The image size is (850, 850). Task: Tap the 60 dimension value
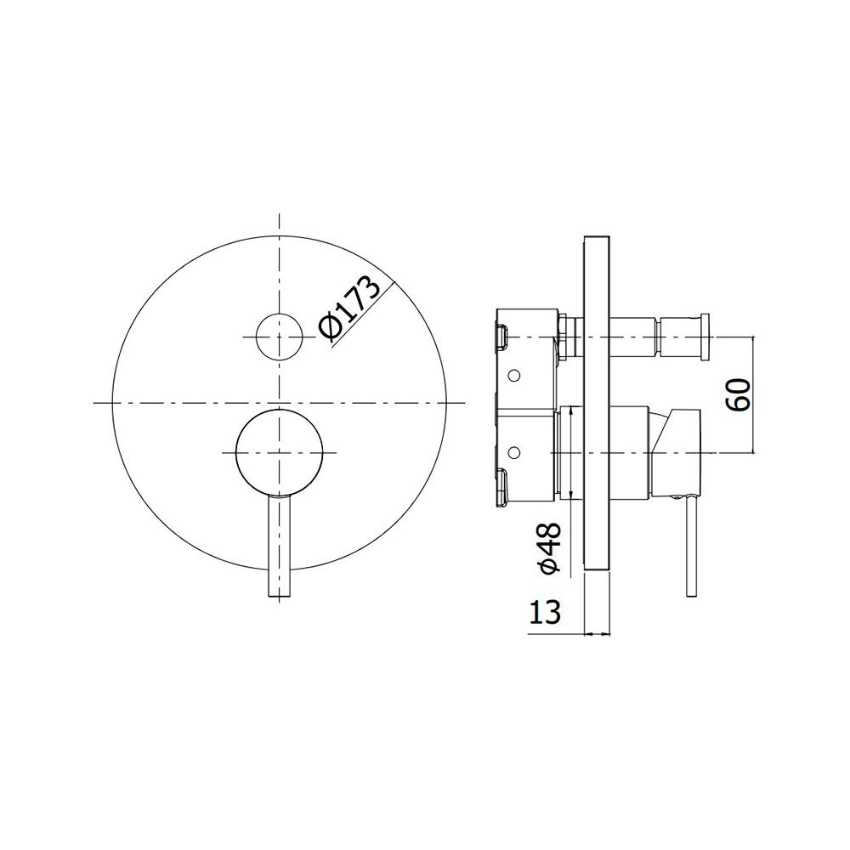(739, 395)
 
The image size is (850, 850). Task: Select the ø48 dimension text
(547, 547)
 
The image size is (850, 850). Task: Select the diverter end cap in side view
(705, 336)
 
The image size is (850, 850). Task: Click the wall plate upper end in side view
(597, 237)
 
